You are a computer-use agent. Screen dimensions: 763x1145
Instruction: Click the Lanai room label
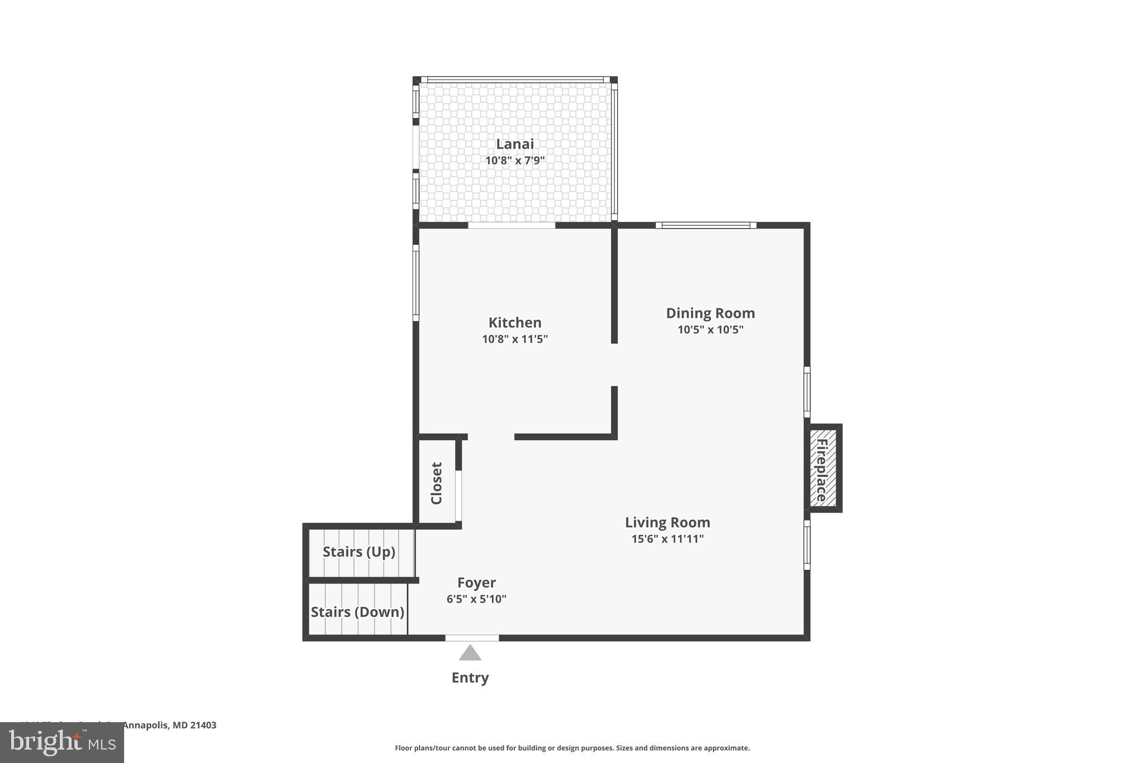point(514,144)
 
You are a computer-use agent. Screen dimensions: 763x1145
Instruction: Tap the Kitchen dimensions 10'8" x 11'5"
point(514,339)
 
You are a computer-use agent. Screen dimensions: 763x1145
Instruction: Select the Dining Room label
point(710,313)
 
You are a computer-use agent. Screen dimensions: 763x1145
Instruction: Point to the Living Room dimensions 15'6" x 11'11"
point(667,539)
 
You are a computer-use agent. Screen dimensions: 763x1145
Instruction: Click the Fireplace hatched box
point(823,468)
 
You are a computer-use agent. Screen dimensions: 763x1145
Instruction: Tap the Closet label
point(437,483)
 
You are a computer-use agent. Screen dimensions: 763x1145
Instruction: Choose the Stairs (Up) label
point(359,552)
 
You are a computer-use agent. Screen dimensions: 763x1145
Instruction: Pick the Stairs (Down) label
point(357,612)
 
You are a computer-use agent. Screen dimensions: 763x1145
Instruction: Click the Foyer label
point(476,582)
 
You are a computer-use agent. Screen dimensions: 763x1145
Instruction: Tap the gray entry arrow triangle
point(470,653)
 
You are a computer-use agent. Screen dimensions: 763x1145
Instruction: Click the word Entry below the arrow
point(470,677)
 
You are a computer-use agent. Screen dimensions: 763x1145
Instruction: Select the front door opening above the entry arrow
point(472,638)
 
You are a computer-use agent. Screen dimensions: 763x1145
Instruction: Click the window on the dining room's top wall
point(706,225)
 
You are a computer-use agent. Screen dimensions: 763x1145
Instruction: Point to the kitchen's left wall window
point(416,283)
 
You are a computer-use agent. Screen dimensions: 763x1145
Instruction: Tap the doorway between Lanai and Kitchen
point(511,225)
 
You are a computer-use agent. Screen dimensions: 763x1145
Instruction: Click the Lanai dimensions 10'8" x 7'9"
point(514,161)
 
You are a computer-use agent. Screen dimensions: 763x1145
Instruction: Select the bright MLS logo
point(62,742)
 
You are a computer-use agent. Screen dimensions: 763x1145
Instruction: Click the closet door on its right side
point(458,496)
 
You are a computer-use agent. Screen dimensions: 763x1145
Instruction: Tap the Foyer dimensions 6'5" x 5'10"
point(476,599)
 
